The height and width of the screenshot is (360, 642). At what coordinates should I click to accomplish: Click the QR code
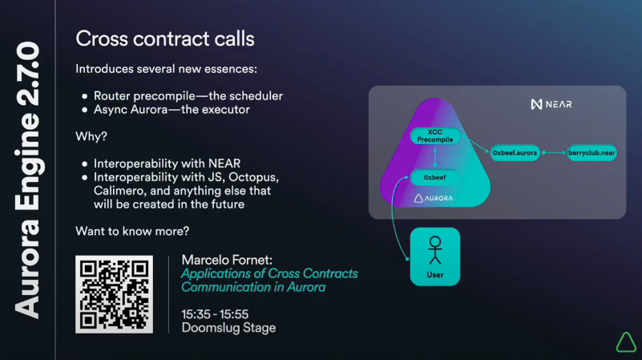[x=115, y=294]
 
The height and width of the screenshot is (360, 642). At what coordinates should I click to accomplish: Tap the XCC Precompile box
[x=435, y=136]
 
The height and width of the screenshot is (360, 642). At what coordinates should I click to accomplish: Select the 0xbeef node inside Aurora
[x=435, y=177]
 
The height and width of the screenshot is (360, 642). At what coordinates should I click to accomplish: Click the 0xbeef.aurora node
[x=515, y=153]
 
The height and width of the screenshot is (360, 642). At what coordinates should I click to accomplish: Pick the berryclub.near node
[x=592, y=153]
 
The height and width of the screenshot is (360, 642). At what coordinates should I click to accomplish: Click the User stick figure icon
[x=435, y=250]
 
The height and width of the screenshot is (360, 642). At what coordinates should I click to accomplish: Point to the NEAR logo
[x=551, y=104]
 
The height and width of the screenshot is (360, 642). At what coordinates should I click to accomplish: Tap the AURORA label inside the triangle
[x=434, y=198]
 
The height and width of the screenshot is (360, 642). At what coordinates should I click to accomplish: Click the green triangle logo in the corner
[x=626, y=342]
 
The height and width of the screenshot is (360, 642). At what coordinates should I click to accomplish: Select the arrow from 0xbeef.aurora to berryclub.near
[x=554, y=153]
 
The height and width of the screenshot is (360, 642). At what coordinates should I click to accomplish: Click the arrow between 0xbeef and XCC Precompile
[x=435, y=157]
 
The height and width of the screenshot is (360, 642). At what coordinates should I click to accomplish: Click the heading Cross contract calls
[x=165, y=39]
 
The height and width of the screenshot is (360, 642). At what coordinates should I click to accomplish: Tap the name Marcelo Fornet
[x=226, y=260]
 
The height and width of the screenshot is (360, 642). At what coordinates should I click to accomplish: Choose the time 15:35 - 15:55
[x=215, y=314]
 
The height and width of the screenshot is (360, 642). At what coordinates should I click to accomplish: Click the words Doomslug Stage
[x=228, y=328]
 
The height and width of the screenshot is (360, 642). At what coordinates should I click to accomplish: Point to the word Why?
[x=91, y=136]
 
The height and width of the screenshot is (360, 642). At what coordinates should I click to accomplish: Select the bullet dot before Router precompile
[x=85, y=96]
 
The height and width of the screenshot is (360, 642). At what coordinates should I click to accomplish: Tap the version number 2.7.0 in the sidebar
[x=28, y=74]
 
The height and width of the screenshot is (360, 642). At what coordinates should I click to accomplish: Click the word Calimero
[x=119, y=191]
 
